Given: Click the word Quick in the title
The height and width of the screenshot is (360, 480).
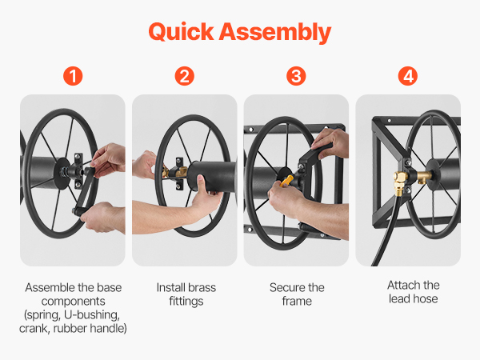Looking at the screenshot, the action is [x=181, y=32].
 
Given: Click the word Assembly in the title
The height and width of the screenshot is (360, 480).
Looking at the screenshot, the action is [x=275, y=33].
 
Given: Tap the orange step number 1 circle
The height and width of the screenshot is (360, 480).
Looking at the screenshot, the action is [x=73, y=76].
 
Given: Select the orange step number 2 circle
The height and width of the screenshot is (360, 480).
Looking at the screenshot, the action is [x=184, y=76].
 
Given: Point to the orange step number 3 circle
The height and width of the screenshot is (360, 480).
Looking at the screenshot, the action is [x=296, y=76].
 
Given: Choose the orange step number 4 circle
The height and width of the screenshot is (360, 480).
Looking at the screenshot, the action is [x=408, y=76].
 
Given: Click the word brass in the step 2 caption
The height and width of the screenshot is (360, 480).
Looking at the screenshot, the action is [x=202, y=288].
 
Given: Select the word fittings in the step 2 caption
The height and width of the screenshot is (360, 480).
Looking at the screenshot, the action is [x=186, y=302].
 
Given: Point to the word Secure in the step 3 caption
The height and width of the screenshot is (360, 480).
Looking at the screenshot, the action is [x=287, y=288].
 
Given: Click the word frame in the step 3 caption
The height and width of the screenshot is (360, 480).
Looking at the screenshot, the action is [x=297, y=302].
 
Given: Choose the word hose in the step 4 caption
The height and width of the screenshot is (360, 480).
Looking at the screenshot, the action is [x=426, y=298].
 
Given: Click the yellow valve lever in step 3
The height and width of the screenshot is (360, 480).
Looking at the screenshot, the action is [x=287, y=181].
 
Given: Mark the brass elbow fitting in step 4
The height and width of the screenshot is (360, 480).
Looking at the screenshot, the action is [x=401, y=182].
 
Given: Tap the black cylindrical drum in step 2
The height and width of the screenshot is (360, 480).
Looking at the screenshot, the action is [x=212, y=177].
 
